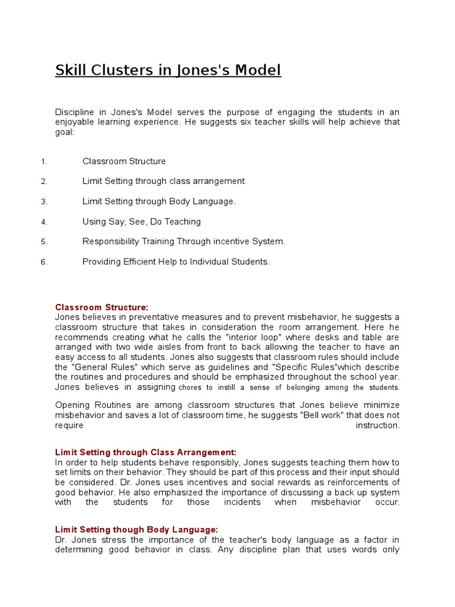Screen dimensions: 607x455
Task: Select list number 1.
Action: [x=44, y=162]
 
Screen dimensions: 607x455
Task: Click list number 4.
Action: [x=44, y=222]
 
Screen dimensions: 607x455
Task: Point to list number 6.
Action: [x=44, y=262]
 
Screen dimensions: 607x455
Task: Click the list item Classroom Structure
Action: [x=124, y=161]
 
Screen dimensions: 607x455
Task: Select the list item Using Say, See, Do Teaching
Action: [x=142, y=222]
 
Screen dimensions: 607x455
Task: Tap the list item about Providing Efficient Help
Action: [x=176, y=261]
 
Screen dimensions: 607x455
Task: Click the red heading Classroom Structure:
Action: [x=101, y=307]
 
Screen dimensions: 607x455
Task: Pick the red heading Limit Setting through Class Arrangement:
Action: [x=146, y=452]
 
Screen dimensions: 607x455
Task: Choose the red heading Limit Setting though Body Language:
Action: [x=137, y=529]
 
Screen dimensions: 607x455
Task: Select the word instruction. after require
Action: [x=377, y=426]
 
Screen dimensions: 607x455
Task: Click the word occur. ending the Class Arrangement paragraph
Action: [x=386, y=503]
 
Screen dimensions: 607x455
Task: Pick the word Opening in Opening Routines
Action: [x=72, y=405]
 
